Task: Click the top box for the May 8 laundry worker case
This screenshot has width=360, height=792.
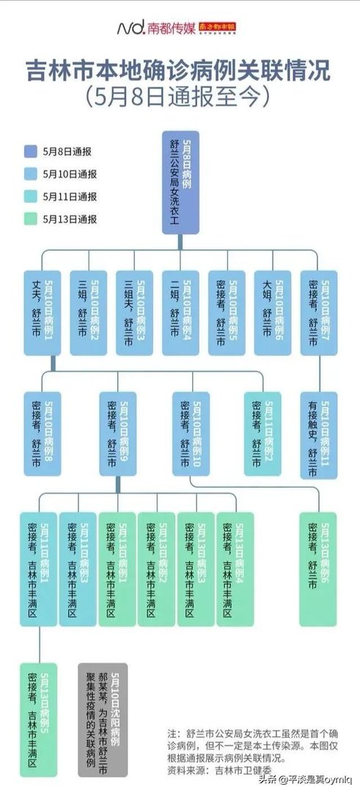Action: pos(180,183)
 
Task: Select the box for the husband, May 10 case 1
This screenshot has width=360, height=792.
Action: pos(41,312)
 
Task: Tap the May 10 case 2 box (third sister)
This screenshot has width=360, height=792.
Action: pos(88,312)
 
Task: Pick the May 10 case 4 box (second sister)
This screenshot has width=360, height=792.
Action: pos(180,312)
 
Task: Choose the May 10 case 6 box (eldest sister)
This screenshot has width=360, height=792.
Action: pos(273,312)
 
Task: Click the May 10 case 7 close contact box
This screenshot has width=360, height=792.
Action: pos(319,312)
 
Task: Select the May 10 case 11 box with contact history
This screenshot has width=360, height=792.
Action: pos(319,436)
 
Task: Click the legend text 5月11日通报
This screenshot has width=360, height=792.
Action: pos(70,197)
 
